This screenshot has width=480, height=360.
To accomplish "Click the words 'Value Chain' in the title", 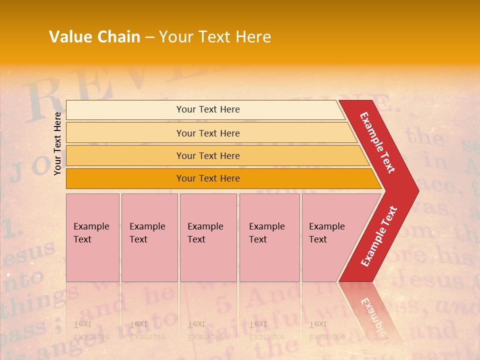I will (x=94, y=37).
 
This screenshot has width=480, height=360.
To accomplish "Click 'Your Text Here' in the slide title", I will (x=215, y=37).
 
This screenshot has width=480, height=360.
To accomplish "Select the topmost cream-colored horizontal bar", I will (x=207, y=109).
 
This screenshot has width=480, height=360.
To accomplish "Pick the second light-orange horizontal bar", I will (x=207, y=133).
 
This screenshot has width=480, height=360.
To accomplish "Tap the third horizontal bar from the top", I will (x=207, y=155).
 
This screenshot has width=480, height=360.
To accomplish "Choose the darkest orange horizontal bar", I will (x=207, y=178).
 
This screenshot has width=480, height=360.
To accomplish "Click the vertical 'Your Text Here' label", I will (x=57, y=143).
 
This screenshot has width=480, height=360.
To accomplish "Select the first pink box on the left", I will (x=92, y=237).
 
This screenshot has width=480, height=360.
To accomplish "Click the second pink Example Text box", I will (x=149, y=237).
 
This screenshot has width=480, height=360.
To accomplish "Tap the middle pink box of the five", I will (x=208, y=237).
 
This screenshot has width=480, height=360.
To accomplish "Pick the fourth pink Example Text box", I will (x=269, y=237).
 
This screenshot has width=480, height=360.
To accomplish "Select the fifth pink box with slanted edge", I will (x=330, y=237).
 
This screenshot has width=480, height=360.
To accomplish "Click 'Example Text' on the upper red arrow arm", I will (x=377, y=142).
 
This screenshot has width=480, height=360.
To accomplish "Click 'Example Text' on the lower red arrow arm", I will (x=379, y=236).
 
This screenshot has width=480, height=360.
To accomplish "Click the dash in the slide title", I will (x=149, y=37).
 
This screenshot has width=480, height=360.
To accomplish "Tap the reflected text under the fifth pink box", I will (x=326, y=330).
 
